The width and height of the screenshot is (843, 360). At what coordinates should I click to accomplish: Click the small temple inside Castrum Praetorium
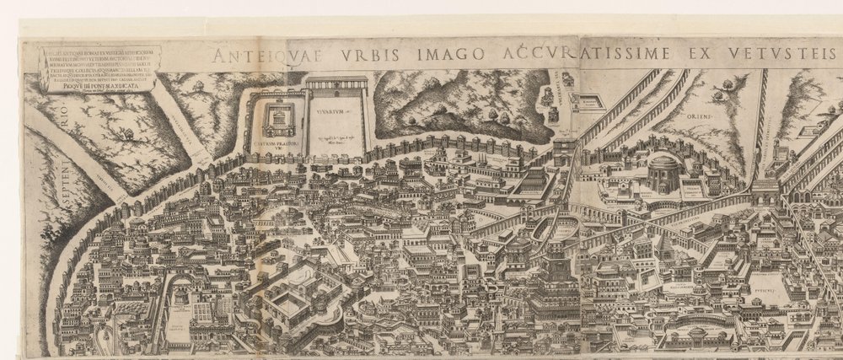point(275,121)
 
